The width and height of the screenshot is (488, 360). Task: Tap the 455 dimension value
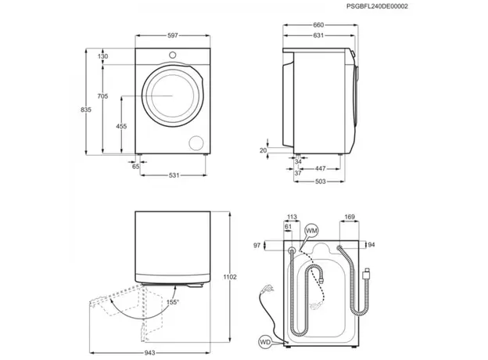(121, 126)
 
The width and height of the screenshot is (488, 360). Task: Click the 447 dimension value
(321, 168)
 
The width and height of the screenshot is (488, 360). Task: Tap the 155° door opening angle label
(172, 302)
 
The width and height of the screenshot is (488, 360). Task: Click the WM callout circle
(312, 232)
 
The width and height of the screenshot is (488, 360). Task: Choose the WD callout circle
(267, 342)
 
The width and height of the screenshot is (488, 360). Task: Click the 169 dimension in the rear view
(350, 218)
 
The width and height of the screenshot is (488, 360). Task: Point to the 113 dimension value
(292, 218)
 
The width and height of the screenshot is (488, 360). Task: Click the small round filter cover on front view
(197, 142)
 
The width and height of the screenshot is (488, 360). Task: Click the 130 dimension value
(103, 57)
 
